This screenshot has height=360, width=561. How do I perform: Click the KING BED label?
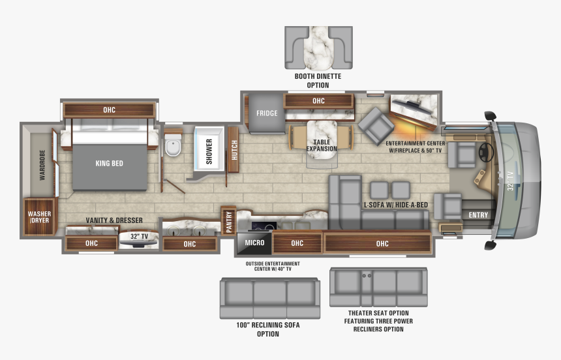(x=109, y=164)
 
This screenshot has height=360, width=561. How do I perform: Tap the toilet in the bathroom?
(x=173, y=145)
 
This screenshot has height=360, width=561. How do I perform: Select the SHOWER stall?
(x=209, y=149)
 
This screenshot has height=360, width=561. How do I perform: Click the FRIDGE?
(x=267, y=113)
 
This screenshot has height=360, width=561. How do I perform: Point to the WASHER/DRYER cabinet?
(x=39, y=217)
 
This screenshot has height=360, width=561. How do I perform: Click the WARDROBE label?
(x=42, y=165)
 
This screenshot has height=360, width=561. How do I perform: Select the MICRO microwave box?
(x=254, y=243)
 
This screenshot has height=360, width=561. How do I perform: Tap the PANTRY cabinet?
(x=228, y=221)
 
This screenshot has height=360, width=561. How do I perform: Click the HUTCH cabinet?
(x=234, y=149)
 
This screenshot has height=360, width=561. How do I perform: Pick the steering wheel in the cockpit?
(x=485, y=152)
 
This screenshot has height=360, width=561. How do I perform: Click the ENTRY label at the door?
(x=478, y=215)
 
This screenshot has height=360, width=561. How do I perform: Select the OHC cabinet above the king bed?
(x=109, y=110)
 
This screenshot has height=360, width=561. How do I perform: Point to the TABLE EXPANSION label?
(x=322, y=145)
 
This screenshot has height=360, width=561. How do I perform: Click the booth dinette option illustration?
(x=318, y=48)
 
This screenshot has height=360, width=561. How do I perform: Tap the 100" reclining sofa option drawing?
(x=270, y=299)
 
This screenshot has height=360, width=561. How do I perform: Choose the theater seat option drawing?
(x=378, y=288)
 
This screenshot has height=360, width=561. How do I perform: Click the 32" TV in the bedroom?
(x=138, y=240)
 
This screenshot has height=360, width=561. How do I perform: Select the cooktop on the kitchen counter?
(x=264, y=226)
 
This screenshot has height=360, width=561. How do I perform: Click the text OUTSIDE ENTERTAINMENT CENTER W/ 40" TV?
(x=273, y=266)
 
